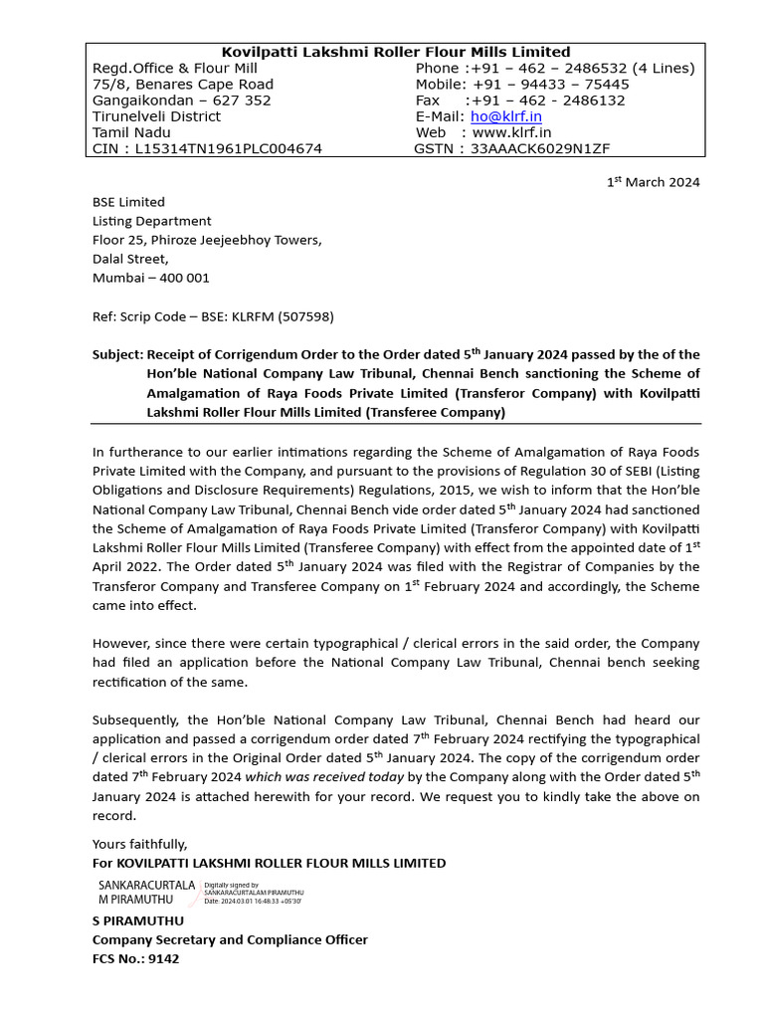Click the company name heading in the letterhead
pyautogui.click(x=395, y=52)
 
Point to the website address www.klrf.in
pyautogui.click(x=511, y=132)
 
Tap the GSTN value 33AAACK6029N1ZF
pyautogui.click(x=540, y=148)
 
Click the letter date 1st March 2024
pyautogui.click(x=653, y=182)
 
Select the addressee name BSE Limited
pyautogui.click(x=128, y=202)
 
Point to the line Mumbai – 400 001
pyautogui.click(x=150, y=278)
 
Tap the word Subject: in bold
pyautogui.click(x=117, y=354)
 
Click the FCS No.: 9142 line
pyautogui.click(x=136, y=959)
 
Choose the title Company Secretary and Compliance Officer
pyautogui.click(x=230, y=939)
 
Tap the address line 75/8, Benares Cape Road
pyautogui.click(x=182, y=85)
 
